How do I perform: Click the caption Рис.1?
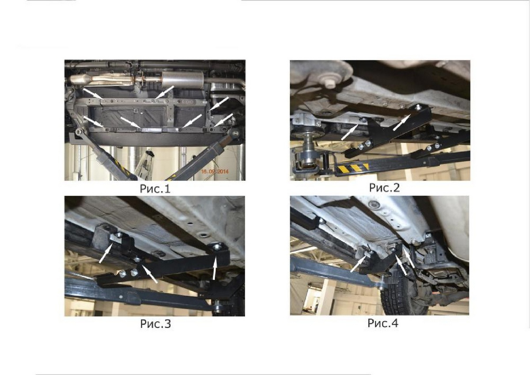tap(155, 189)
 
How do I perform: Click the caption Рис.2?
tap(384, 187)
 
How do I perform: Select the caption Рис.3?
tap(155, 324)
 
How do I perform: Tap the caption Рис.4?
tap(383, 323)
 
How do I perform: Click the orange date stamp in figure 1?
tap(215, 171)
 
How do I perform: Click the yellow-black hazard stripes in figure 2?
tap(353, 168)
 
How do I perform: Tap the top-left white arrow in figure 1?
tap(93, 93)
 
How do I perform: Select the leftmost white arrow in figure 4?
tap(360, 263)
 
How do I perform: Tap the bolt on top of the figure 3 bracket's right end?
tap(217, 247)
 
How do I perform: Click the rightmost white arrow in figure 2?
tap(402, 122)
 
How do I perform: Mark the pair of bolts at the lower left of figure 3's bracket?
tap(128, 274)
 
